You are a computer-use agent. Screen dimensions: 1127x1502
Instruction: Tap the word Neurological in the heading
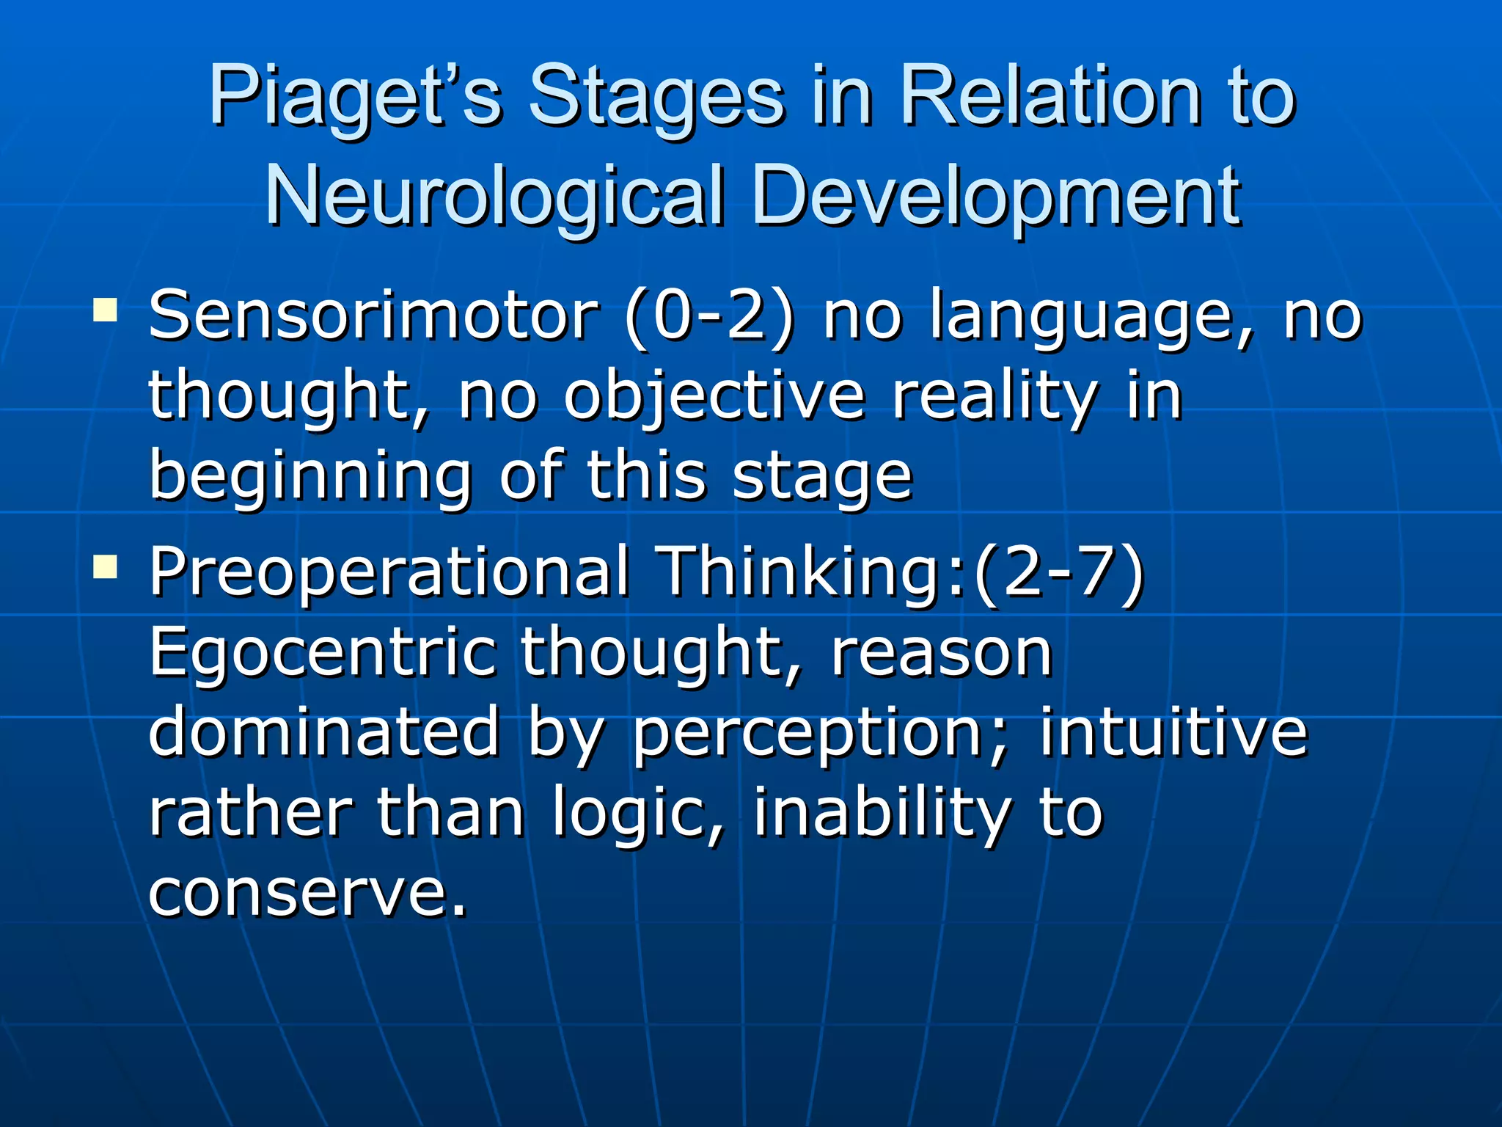coord(495,196)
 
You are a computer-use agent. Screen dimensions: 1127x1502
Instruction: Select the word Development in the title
coord(996,196)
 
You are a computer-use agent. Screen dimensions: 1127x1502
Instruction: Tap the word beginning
coord(310,477)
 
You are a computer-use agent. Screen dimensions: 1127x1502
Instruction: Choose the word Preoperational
coord(389,573)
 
